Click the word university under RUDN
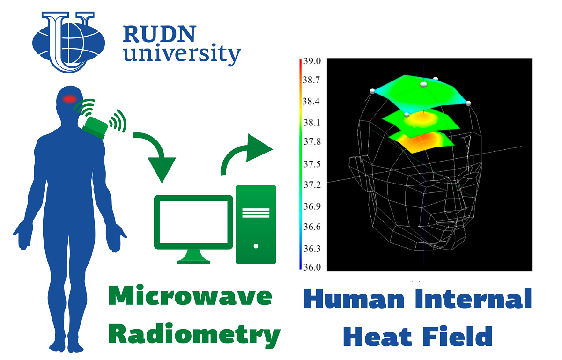point(182,53)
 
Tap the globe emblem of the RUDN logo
point(69,42)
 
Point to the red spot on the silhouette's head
point(69,99)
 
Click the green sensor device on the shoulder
point(95,128)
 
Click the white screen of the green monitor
point(193,222)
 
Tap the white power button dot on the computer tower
point(256,246)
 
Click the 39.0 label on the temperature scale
point(312,61)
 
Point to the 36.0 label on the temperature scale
point(312,267)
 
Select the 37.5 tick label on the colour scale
point(312,164)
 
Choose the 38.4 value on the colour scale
point(311,101)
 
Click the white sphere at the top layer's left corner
point(372,91)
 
